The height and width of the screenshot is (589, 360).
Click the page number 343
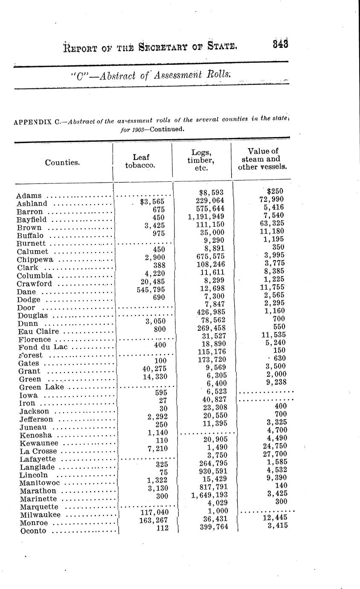[x=281, y=44]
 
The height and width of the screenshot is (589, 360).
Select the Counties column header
[x=62, y=162]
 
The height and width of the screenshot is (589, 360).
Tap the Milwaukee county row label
[x=39, y=515]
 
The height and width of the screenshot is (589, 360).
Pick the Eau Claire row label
[x=39, y=331]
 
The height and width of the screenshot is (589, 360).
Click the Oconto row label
[x=32, y=531]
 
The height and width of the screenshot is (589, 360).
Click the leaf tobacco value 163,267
[x=154, y=520]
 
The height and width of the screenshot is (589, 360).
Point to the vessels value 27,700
[x=275, y=454]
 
